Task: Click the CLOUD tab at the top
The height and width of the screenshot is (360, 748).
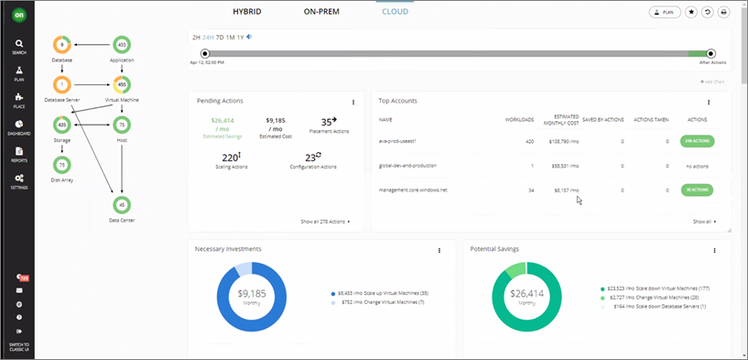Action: [396, 12]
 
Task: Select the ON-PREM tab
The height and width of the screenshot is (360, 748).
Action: [323, 12]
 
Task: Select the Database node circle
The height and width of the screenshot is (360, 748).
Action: [62, 44]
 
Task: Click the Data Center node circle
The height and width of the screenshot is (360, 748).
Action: [123, 204]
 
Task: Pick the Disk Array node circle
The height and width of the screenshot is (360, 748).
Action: [62, 164]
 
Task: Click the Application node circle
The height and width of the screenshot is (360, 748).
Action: [123, 44]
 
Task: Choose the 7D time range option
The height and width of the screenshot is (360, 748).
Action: [219, 38]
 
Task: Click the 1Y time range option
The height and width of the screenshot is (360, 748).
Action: [241, 38]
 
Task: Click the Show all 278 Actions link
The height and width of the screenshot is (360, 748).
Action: [324, 222]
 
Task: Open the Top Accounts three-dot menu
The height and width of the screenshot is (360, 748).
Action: [709, 103]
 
